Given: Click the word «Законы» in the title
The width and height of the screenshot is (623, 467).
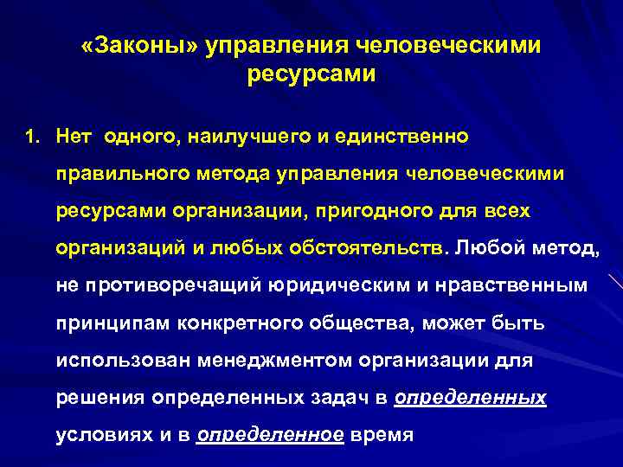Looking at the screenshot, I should (x=138, y=44).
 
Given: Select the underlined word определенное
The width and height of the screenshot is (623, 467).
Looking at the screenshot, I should (x=271, y=435).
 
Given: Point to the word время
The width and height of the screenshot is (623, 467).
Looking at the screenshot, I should (x=382, y=435).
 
